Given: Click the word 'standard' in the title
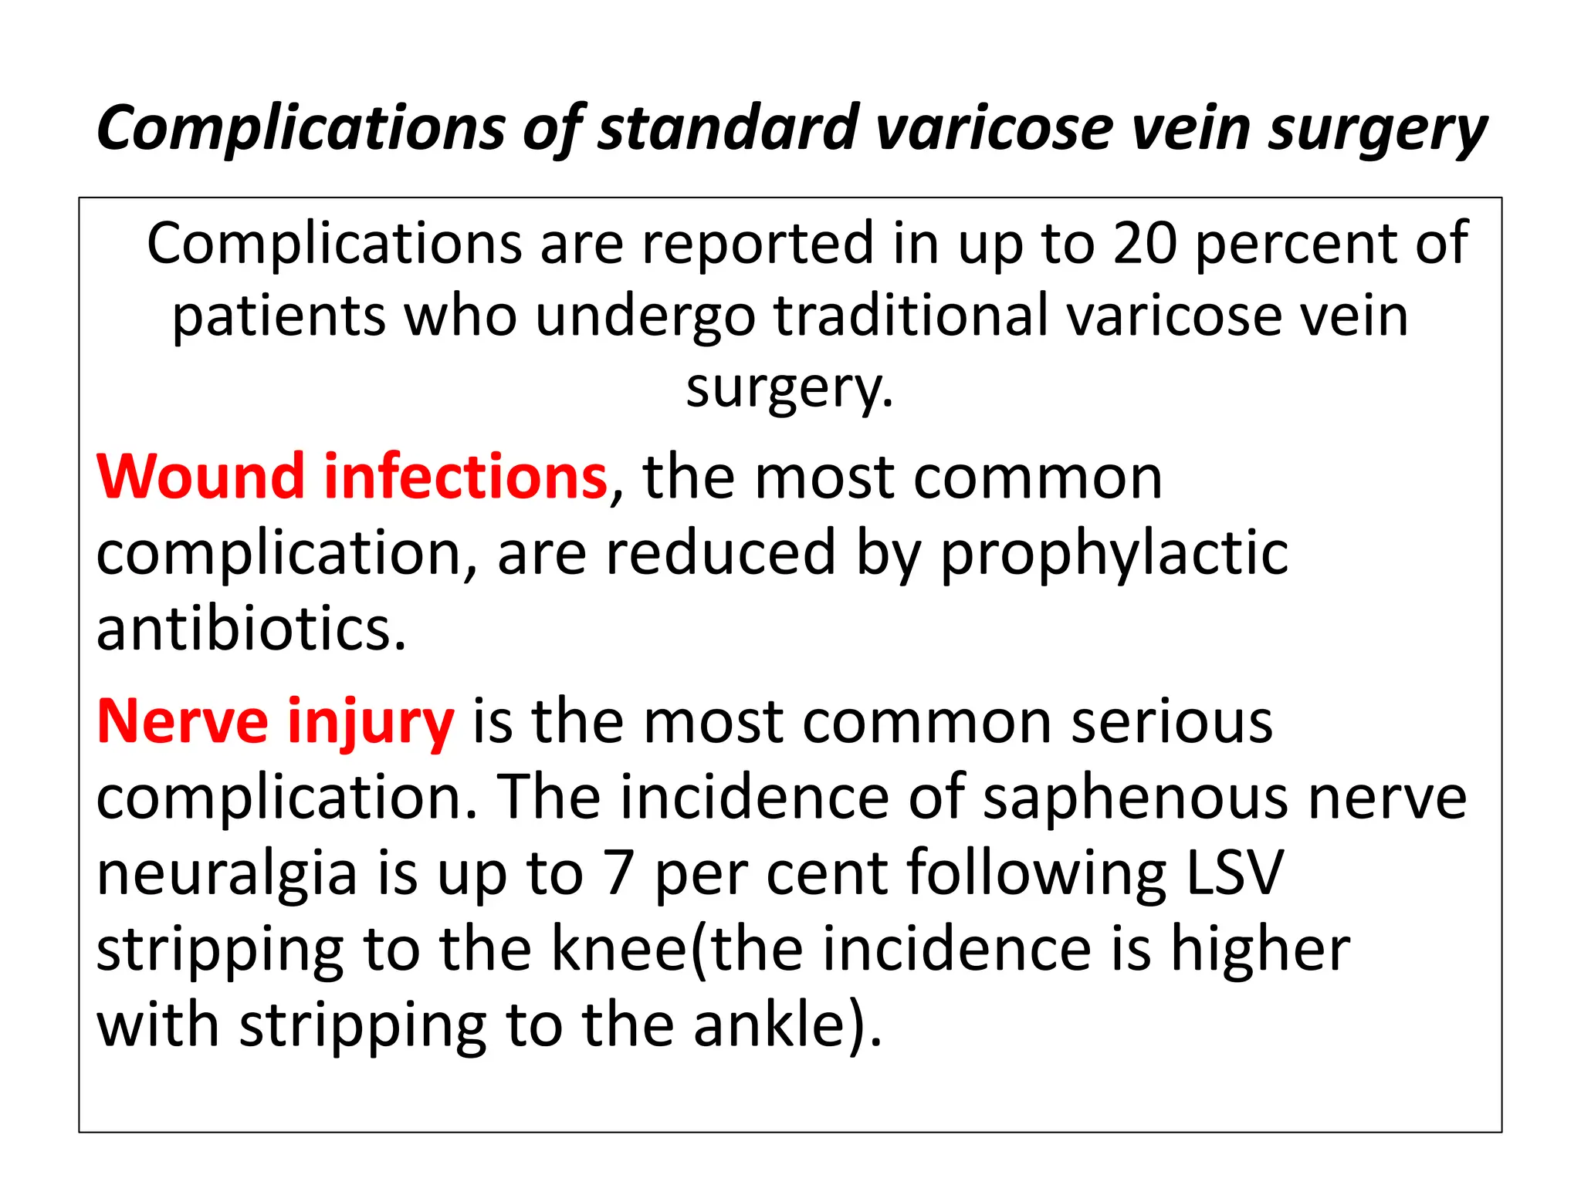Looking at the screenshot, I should point(728,128).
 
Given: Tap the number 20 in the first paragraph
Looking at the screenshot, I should point(1144,244).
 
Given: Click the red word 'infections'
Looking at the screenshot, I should point(465,478).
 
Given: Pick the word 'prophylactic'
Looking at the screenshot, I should point(1114,553).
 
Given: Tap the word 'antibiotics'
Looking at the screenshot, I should point(251,629).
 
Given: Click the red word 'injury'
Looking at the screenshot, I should point(371,722).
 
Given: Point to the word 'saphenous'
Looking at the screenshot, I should point(1136,798).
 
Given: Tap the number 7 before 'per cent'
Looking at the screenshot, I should point(618,873).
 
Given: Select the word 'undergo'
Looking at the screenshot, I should point(645,316).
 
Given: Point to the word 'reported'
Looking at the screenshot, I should point(757,244).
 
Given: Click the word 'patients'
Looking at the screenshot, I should point(279,316).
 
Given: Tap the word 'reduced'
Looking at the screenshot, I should point(720,553).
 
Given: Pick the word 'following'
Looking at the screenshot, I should point(1037,873).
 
